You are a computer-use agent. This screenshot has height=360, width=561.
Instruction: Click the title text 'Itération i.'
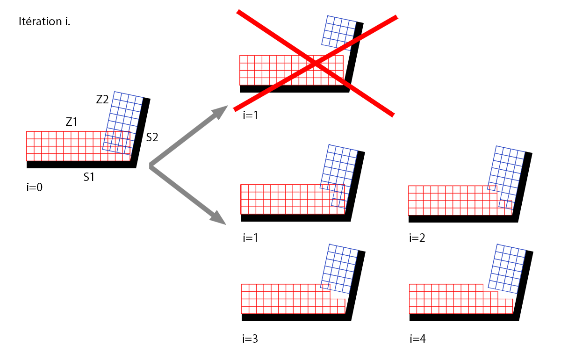click(x=44, y=22)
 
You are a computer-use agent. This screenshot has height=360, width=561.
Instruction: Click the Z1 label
click(x=71, y=122)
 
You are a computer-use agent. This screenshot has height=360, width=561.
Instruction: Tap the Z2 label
click(x=102, y=99)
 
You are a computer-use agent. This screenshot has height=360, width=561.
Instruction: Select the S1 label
click(x=89, y=177)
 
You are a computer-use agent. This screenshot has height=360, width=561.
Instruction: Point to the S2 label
click(x=152, y=137)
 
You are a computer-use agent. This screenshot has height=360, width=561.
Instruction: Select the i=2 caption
click(x=417, y=238)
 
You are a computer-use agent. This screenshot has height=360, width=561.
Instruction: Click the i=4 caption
click(x=417, y=338)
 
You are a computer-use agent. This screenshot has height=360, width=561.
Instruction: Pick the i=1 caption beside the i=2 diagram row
click(x=251, y=238)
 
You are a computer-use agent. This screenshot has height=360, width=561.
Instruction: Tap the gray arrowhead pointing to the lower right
click(x=218, y=217)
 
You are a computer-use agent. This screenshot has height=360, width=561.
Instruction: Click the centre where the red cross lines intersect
click(x=316, y=64)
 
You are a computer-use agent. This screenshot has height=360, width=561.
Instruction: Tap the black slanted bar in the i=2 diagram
click(x=523, y=187)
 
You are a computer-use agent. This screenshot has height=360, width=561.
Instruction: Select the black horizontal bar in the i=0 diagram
click(x=79, y=165)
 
